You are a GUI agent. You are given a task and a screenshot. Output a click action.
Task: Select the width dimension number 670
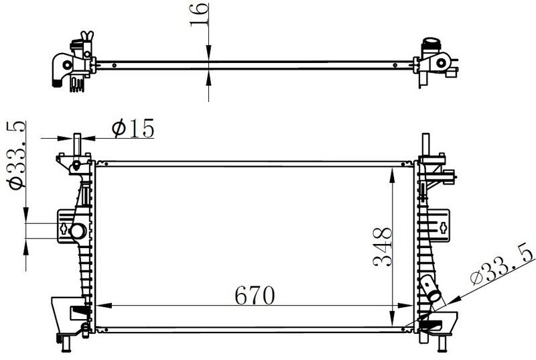tap(255, 294)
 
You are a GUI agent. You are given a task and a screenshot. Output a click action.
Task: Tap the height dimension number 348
tap(381, 247)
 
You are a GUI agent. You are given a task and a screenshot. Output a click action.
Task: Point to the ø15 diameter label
tap(133, 127)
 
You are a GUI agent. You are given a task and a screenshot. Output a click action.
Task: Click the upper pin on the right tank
tap(426, 143)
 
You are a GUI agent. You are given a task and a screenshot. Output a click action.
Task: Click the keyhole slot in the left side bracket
tap(64, 229)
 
